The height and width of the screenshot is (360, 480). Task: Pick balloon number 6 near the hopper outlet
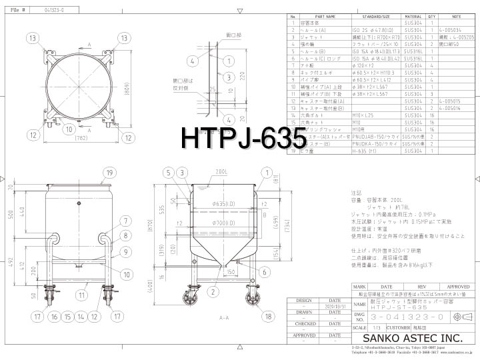[265, 272]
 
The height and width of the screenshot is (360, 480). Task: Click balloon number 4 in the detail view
[191, 61]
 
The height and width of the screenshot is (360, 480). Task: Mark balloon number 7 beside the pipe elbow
[125, 221]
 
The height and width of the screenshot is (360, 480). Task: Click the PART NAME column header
[321, 16]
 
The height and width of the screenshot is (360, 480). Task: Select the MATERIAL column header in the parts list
[413, 16]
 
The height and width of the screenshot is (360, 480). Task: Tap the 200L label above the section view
[221, 171]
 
